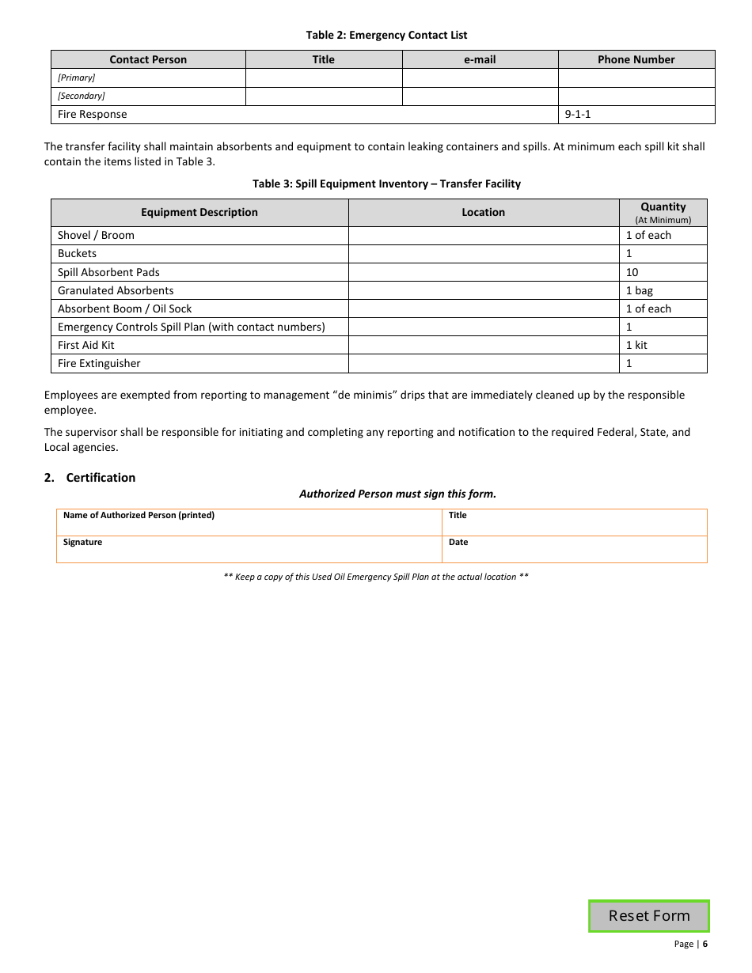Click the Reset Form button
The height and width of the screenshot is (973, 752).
click(649, 916)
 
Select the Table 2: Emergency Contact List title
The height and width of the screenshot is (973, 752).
click(386, 35)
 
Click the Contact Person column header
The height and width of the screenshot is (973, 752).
click(148, 59)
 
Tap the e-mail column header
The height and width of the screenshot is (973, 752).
click(480, 59)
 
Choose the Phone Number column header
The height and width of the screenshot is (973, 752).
click(636, 59)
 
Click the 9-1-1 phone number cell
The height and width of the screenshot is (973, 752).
click(636, 115)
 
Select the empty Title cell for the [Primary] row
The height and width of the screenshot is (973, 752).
click(324, 78)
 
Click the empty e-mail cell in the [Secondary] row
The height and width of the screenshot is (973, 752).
click(480, 96)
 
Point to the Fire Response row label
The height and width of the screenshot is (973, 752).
click(93, 115)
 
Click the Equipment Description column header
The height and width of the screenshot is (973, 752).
click(199, 212)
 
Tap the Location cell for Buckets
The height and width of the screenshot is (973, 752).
click(483, 254)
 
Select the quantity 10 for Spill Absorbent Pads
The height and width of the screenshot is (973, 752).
click(632, 272)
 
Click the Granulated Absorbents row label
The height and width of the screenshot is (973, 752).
click(116, 290)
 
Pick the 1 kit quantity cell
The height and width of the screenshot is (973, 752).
click(636, 345)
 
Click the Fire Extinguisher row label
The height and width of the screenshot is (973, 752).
click(99, 364)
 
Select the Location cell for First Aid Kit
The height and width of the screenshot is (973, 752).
click(483, 345)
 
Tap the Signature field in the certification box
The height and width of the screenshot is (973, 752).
click(249, 550)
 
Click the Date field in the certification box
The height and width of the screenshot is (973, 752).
click(574, 550)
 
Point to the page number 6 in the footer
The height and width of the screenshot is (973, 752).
click(705, 944)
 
